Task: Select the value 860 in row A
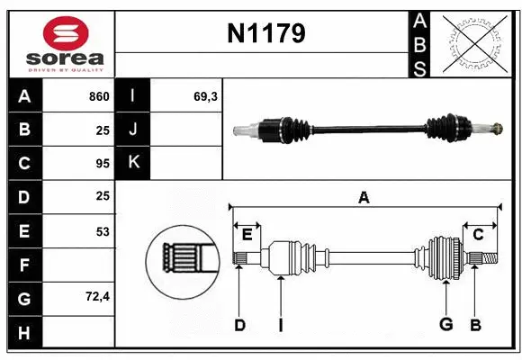pyautogui.click(x=98, y=96)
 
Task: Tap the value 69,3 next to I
pyautogui.click(x=206, y=96)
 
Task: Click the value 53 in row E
pyautogui.click(x=103, y=231)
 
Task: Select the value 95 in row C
pyautogui.click(x=103, y=164)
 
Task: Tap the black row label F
pyautogui.click(x=23, y=265)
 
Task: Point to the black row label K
pyautogui.click(x=133, y=163)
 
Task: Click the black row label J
pyautogui.click(x=133, y=130)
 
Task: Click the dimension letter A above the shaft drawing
pyautogui.click(x=364, y=198)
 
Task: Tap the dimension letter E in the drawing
pyautogui.click(x=247, y=235)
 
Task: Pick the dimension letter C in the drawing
pyautogui.click(x=479, y=235)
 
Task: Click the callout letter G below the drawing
pyautogui.click(x=445, y=325)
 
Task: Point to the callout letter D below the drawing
pyautogui.click(x=239, y=325)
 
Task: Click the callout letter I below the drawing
pyautogui.click(x=281, y=325)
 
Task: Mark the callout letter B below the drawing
pyautogui.click(x=476, y=325)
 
